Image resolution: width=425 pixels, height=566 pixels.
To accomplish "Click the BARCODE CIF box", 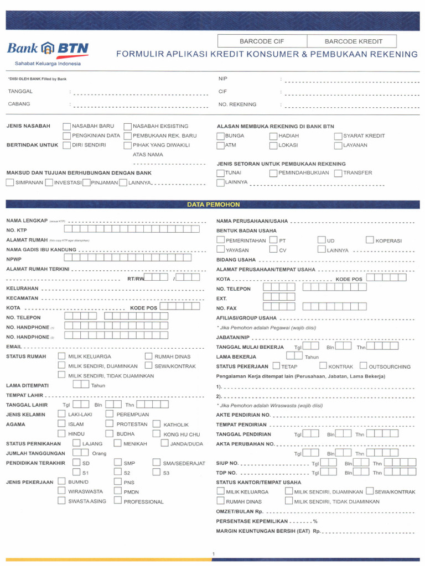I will pos(263,41).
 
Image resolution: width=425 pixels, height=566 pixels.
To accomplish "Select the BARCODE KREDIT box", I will pos(353,41).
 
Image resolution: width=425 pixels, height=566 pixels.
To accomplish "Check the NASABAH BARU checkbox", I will pos(67,126).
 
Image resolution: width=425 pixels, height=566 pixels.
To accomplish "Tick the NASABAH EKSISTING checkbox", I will pos(128,126).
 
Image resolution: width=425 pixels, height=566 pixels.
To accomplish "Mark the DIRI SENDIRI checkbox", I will pos(67,145).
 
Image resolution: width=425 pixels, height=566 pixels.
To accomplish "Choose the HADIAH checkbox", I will pos(274,136).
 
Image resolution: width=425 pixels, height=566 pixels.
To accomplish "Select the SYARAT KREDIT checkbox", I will pos(338,136).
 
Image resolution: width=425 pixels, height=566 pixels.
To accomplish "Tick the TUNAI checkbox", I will pos(221,173).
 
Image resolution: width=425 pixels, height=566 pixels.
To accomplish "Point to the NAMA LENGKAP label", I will pos(27,220).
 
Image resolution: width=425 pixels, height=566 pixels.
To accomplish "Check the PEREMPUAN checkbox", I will pos(110,414).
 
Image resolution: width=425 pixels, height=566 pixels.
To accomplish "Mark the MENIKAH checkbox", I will pos(117,443).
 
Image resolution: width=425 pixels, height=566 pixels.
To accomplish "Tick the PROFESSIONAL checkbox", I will pos(117,501).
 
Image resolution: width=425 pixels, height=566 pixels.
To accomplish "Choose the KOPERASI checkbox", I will pos(370,240).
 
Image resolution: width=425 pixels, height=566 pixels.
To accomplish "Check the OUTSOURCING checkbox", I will pos(363,366).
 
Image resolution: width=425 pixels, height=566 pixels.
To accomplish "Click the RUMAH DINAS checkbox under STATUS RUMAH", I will pos(148,357).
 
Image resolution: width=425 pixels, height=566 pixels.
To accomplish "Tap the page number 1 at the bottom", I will pos(213,554).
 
